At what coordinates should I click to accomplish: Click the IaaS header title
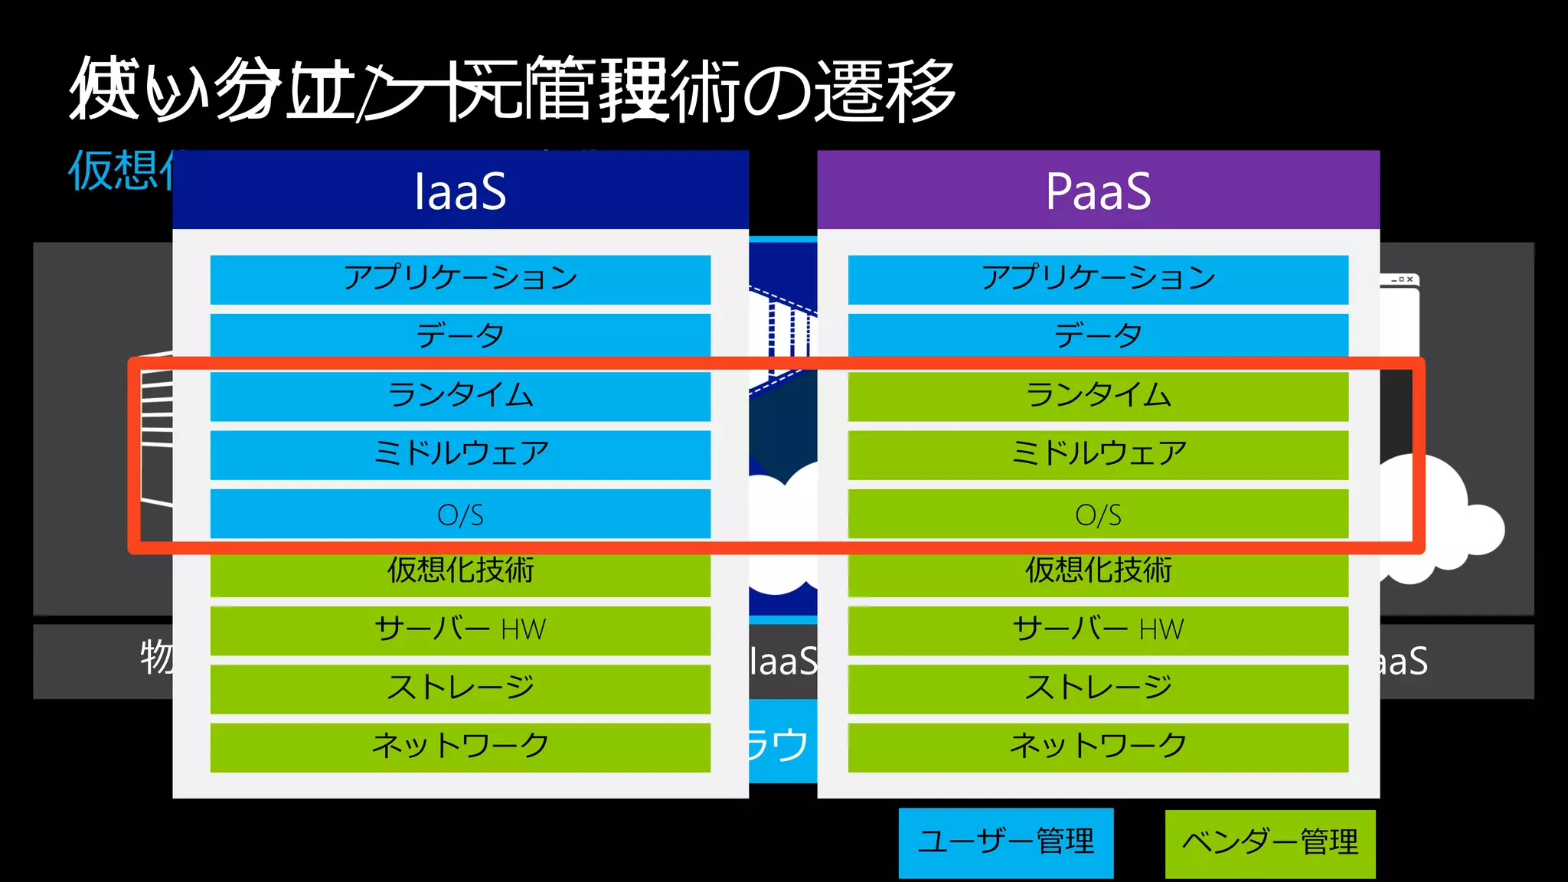(460, 191)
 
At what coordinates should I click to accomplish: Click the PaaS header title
(1098, 191)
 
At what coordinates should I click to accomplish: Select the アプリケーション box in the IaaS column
(460, 279)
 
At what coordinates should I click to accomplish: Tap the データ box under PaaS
(1098, 335)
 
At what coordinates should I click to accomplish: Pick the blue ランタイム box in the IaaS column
(460, 396)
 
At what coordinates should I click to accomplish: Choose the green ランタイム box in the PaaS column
(1098, 396)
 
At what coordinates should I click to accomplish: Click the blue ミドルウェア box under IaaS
(460, 454)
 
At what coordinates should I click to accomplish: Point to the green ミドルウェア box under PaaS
(1098, 454)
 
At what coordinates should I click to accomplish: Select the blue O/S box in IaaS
(460, 514)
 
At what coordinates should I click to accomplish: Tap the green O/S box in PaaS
(1098, 514)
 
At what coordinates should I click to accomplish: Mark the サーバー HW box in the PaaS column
(1098, 630)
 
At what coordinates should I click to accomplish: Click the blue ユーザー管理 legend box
(1005, 842)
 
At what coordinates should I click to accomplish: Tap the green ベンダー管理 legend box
(1269, 843)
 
